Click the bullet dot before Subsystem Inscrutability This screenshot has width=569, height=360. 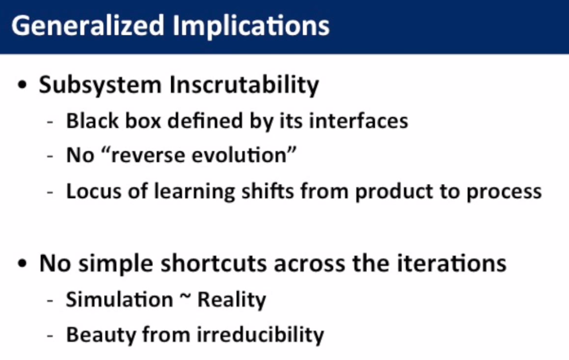22,85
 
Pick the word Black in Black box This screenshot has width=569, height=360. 92,121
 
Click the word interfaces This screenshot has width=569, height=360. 359,121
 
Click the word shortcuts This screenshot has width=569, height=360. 214,264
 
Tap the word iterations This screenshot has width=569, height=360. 451,263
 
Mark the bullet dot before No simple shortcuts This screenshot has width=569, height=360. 22,263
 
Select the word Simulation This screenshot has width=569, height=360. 119,300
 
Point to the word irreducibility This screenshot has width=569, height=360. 260,334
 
